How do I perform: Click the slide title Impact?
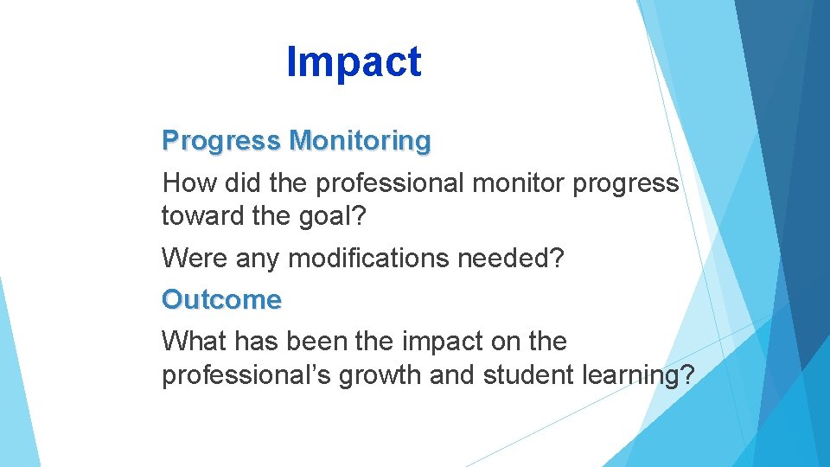pos(354,62)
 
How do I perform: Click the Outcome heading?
pos(221,300)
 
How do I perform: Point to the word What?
pos(192,342)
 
